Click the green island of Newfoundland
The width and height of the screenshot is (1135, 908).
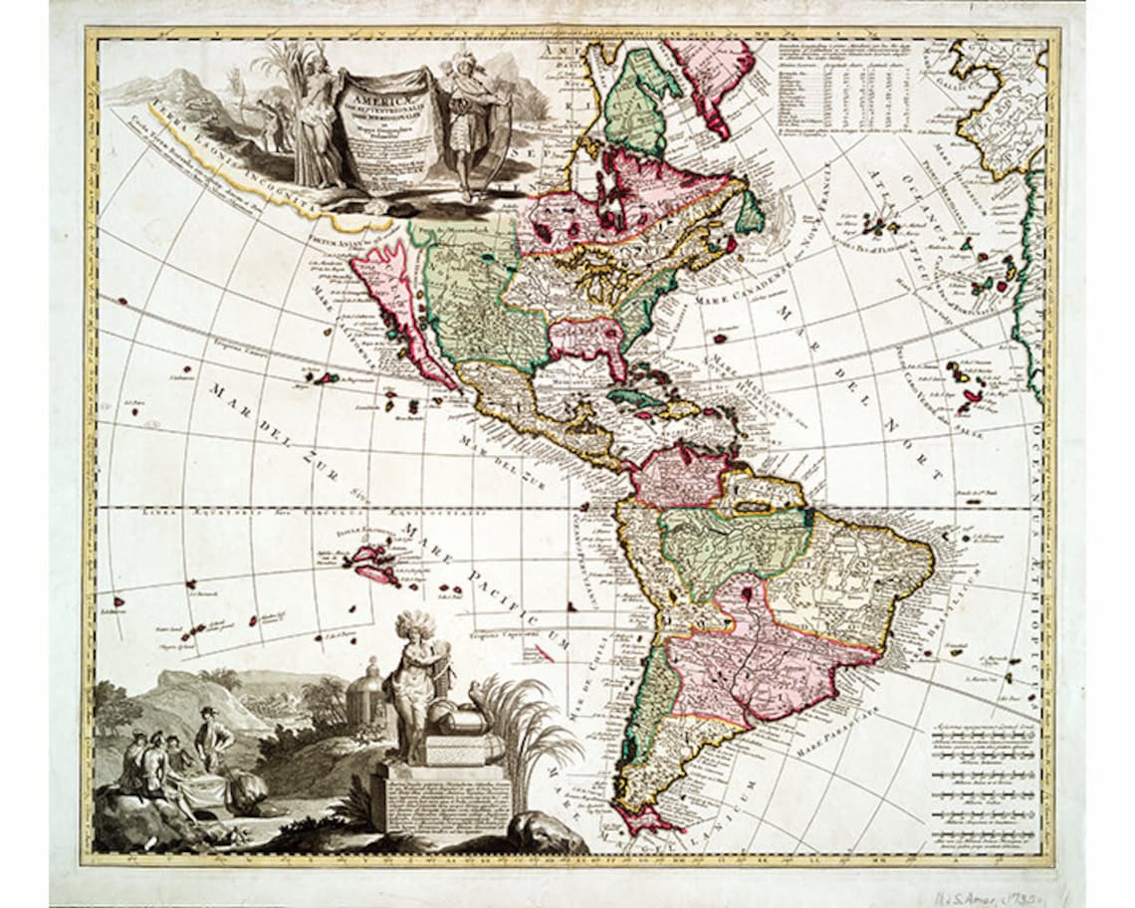[x=750, y=212]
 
